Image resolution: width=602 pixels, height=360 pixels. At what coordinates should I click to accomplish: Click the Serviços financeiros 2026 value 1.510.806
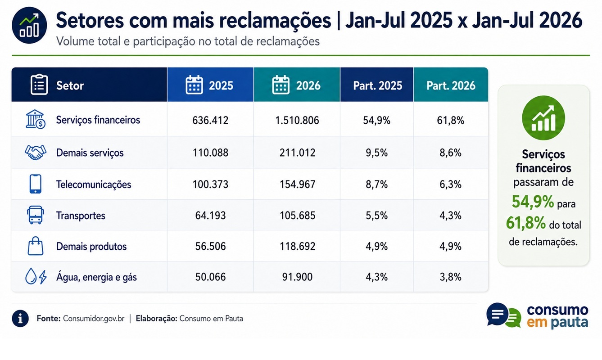coord(297,120)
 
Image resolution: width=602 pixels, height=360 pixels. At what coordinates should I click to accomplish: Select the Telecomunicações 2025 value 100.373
coord(210,184)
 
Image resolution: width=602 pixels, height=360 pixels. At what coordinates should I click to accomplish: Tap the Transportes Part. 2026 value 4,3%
coord(450,216)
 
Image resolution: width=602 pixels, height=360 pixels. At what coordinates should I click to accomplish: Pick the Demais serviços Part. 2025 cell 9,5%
coord(376,153)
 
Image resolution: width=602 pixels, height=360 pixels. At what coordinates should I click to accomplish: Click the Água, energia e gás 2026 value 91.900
coord(297,277)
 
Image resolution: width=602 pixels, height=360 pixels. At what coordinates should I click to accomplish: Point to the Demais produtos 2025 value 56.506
coord(210,246)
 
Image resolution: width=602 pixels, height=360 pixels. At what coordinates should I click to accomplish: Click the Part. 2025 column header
coord(377,85)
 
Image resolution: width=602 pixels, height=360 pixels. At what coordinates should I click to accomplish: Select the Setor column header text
coord(70,85)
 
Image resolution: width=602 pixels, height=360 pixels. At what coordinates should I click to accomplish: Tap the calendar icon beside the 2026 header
coord(281,85)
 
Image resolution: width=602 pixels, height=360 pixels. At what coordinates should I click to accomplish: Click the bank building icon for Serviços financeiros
coord(36,119)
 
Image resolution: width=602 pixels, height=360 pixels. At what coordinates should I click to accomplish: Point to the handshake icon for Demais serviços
coord(36,153)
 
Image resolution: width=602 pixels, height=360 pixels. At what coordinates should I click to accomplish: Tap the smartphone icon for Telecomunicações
coord(36,184)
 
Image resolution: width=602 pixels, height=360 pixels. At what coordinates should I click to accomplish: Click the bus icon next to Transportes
coord(36,215)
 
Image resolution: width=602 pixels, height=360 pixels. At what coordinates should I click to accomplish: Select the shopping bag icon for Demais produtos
coord(36,246)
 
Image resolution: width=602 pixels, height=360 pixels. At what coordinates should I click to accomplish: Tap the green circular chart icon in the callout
coord(543,117)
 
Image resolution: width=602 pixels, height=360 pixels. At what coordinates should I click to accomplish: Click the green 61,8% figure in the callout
coord(526,223)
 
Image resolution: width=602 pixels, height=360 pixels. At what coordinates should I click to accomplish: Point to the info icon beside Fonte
coord(20,319)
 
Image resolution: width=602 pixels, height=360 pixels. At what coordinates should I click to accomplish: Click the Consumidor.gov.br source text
coord(94,319)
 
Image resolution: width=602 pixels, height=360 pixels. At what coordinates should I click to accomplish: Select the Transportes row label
coord(81,216)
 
